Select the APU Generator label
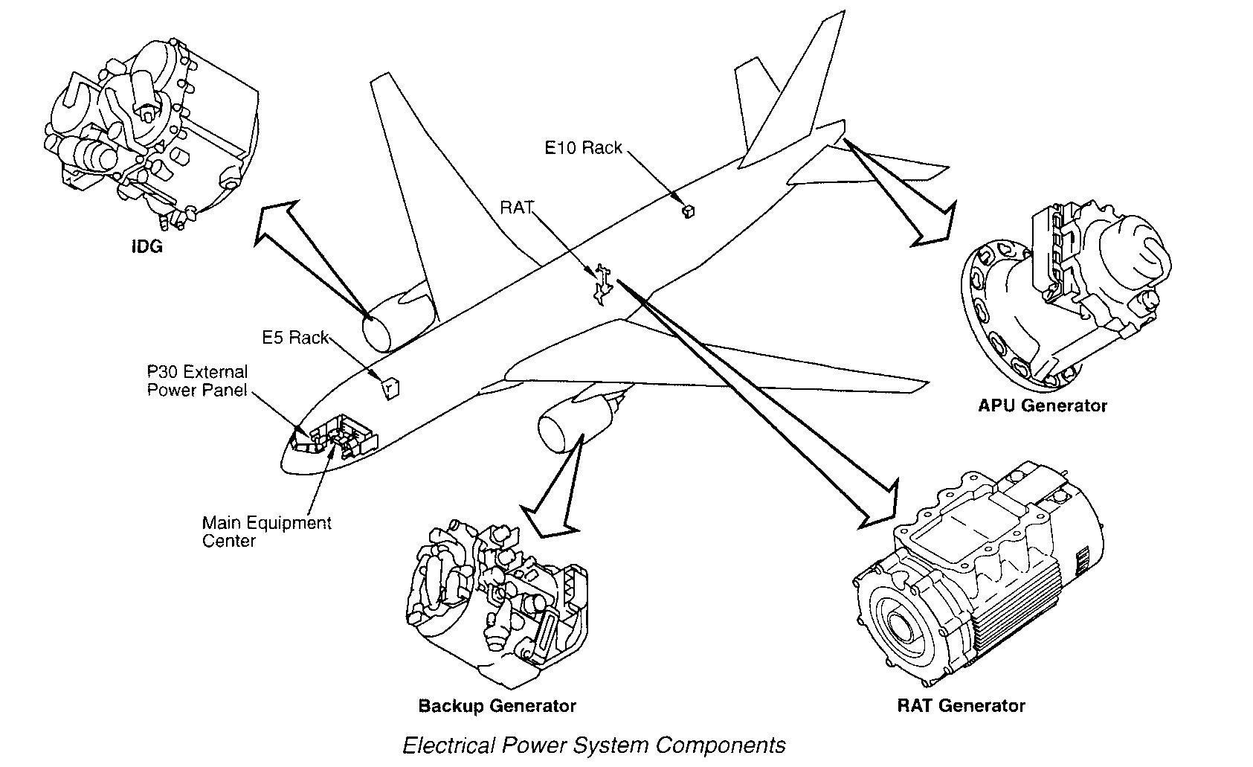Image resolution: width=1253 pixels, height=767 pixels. point(1043,406)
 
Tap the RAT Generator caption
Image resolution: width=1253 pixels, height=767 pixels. point(961,705)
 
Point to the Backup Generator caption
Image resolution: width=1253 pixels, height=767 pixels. point(497,705)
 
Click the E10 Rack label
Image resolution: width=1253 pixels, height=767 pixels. point(583,148)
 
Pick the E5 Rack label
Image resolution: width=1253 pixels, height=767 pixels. point(295,338)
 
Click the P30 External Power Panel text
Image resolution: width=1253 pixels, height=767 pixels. point(197,380)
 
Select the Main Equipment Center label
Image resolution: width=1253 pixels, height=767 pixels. point(266,531)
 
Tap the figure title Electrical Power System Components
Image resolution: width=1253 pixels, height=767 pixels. point(593,745)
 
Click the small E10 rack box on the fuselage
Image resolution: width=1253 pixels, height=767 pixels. point(688,211)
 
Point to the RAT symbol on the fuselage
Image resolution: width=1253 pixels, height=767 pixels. point(602,283)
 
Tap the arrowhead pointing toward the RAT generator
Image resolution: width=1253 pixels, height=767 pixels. point(881,507)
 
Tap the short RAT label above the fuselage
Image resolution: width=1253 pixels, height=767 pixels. point(516,208)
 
